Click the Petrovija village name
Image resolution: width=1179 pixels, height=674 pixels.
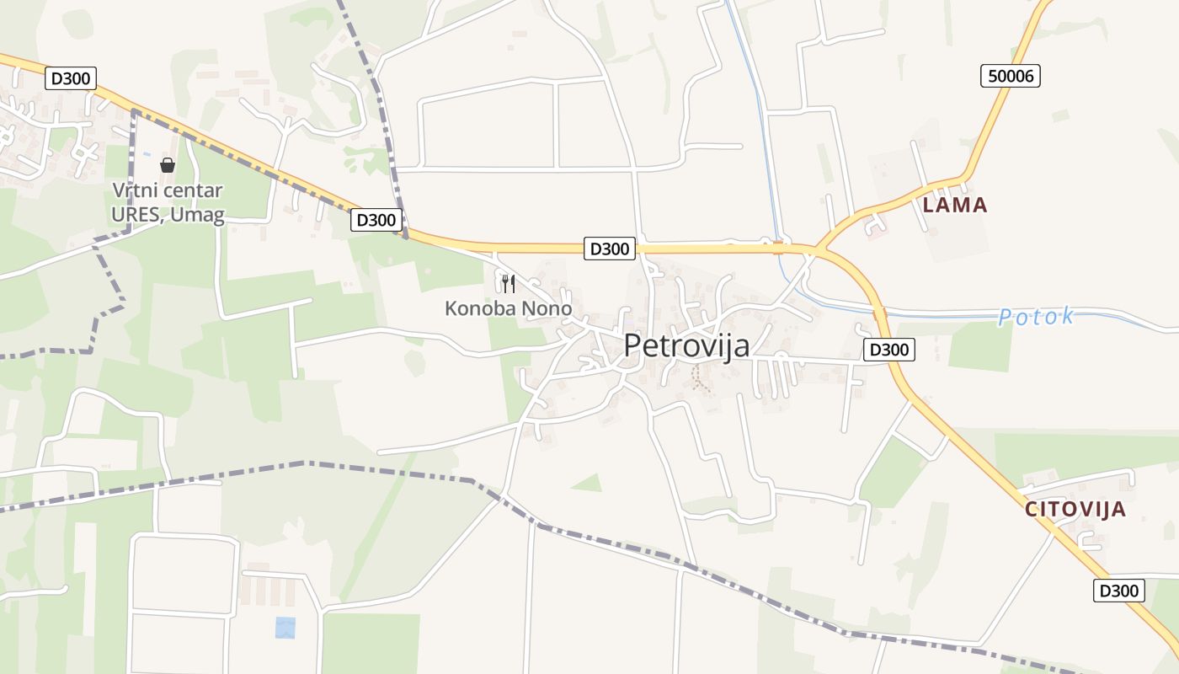pyautogui.click(x=686, y=345)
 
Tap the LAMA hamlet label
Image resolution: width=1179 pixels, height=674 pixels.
pyautogui.click(x=954, y=205)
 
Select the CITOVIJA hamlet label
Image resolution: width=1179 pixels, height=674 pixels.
pyautogui.click(x=1075, y=509)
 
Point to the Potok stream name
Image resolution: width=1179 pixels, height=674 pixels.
pyautogui.click(x=1036, y=317)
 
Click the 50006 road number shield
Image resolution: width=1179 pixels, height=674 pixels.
pyautogui.click(x=1011, y=76)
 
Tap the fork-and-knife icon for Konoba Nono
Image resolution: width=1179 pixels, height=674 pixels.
pyautogui.click(x=508, y=283)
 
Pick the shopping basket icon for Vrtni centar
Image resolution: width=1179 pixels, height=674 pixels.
pyautogui.click(x=168, y=165)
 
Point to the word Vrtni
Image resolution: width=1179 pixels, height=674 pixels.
pyautogui.click(x=135, y=190)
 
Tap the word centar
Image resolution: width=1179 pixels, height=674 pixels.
pyautogui.click(x=193, y=190)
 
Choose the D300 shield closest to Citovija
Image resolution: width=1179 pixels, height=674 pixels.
pyautogui.click(x=1119, y=591)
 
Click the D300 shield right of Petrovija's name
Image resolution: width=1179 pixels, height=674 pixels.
pyautogui.click(x=889, y=350)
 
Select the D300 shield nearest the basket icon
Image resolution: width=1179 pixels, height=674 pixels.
pyautogui.click(x=71, y=78)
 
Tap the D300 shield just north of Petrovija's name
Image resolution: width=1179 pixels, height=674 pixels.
pyautogui.click(x=610, y=249)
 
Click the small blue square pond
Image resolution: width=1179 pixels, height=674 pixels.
pyautogui.click(x=285, y=628)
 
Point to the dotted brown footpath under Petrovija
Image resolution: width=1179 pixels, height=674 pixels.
pyautogui.click(x=698, y=378)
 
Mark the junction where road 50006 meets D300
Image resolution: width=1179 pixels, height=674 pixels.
pyautogui.click(x=819, y=250)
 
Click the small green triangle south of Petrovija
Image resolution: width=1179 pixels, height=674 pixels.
pyautogui.click(x=589, y=484)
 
